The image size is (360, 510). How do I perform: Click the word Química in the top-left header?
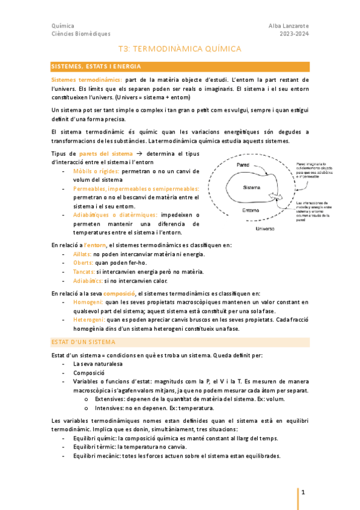click(x=63, y=26)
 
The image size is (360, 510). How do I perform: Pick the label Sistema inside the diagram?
click(x=251, y=188)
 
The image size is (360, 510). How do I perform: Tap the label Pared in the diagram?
click(x=243, y=164)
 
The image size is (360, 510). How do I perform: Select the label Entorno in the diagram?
click(x=251, y=210)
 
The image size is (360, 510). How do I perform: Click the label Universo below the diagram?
click(x=264, y=229)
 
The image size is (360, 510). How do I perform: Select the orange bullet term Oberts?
click(x=83, y=263)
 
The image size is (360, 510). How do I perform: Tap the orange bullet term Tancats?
click(x=84, y=272)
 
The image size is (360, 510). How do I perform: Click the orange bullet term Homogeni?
click(x=88, y=302)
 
